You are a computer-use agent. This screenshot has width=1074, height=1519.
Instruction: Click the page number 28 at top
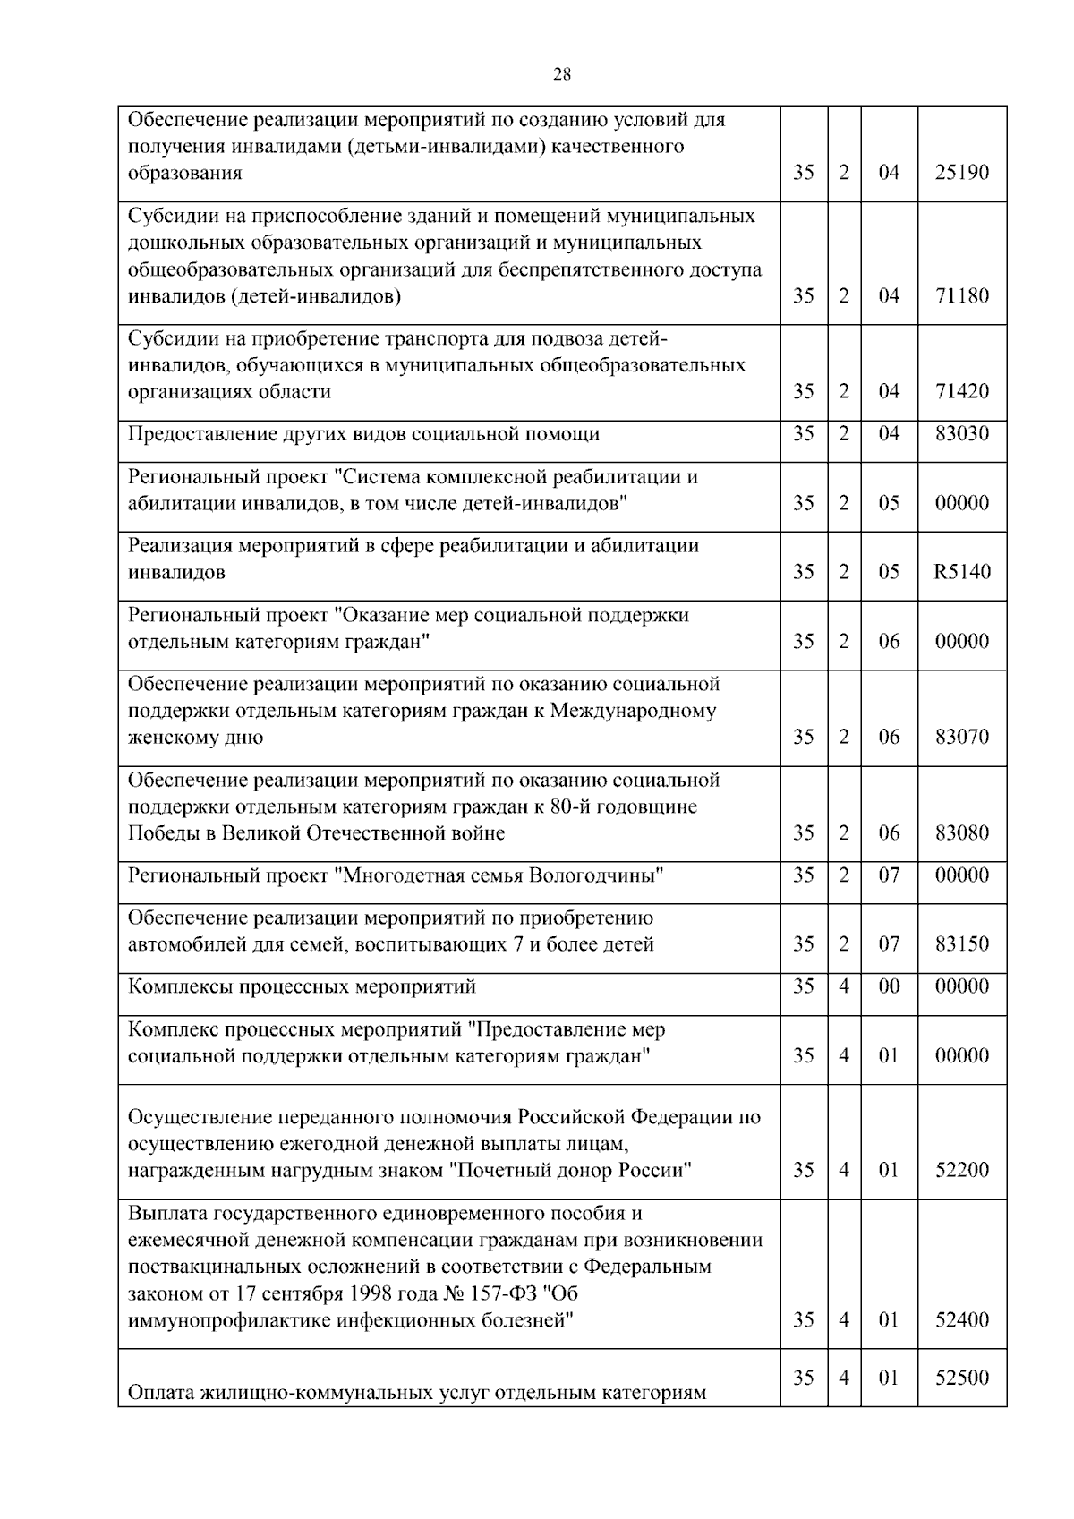pyautogui.click(x=562, y=74)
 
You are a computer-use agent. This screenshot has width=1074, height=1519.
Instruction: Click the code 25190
pyautogui.click(x=962, y=173)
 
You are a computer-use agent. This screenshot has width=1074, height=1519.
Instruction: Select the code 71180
pyautogui.click(x=962, y=295)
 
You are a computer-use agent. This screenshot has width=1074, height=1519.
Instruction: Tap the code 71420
pyautogui.click(x=962, y=391)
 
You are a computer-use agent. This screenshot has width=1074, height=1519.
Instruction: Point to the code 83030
pyautogui.click(x=962, y=434)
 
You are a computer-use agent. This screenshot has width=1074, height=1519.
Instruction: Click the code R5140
pyautogui.click(x=962, y=572)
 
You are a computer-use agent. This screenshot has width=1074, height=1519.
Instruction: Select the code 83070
pyautogui.click(x=962, y=738)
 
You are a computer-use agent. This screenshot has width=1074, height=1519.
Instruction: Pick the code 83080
pyautogui.click(x=962, y=833)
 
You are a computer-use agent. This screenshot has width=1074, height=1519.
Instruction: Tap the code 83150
pyautogui.click(x=962, y=944)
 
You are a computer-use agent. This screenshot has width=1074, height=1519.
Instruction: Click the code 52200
pyautogui.click(x=962, y=1171)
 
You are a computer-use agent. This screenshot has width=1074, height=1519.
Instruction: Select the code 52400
pyautogui.click(x=962, y=1320)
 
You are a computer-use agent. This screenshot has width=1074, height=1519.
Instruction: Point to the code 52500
pyautogui.click(x=962, y=1378)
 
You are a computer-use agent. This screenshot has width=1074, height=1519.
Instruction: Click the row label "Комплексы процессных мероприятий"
pyautogui.click(x=302, y=987)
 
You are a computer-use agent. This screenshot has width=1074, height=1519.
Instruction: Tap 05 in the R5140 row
pyautogui.click(x=889, y=572)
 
